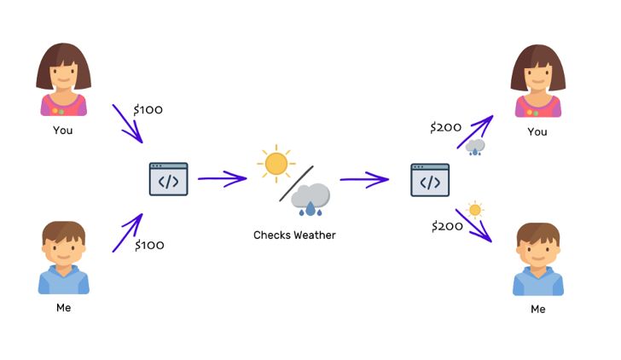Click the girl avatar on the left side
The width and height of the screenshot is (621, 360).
[x=63, y=79]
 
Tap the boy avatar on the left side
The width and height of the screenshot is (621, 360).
[x=64, y=258]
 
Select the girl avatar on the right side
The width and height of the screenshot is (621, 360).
[x=537, y=81]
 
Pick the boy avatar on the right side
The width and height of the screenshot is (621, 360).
[x=538, y=259]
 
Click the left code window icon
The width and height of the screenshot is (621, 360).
[x=168, y=179]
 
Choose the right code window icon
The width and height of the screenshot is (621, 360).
[x=430, y=180]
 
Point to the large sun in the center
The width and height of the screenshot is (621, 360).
[x=276, y=164]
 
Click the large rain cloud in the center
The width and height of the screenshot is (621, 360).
[x=310, y=200]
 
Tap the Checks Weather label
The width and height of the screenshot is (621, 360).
[x=294, y=235]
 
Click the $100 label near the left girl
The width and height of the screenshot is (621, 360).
[x=148, y=110]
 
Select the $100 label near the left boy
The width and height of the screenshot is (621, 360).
[x=149, y=245]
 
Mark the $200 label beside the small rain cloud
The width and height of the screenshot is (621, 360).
[x=445, y=127]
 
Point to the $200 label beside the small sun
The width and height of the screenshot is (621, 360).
[x=447, y=227]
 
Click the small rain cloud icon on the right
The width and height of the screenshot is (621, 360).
[x=475, y=148]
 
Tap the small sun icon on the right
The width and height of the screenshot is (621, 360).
[x=475, y=210]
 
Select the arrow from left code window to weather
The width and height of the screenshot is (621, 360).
[x=222, y=178]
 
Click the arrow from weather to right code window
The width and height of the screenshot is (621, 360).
[x=364, y=179]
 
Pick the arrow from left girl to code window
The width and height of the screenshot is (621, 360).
[x=128, y=124]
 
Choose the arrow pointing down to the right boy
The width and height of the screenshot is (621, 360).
[x=473, y=225]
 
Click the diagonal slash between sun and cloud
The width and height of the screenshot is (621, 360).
[x=296, y=183]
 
